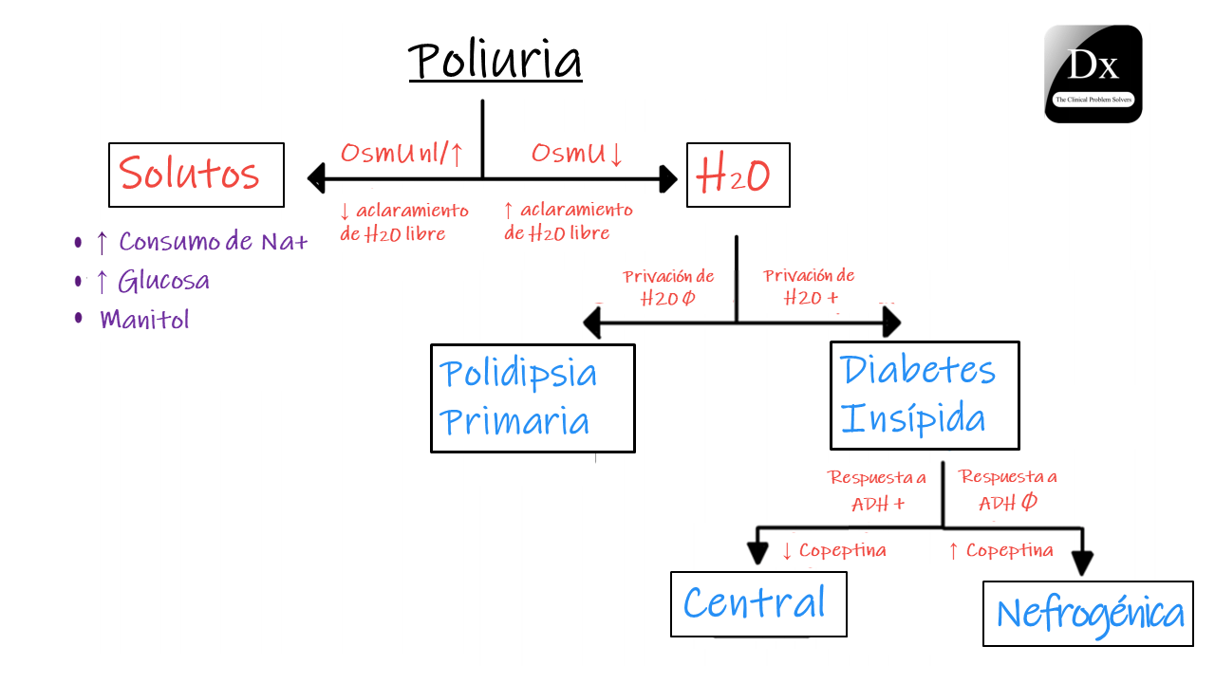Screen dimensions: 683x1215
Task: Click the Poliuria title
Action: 495,60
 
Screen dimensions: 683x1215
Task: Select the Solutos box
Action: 196,175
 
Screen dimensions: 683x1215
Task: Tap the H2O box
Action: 738,175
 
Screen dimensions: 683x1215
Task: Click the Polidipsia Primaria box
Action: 532,398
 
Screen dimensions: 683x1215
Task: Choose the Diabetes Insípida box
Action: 924,395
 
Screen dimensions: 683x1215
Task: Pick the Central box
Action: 757,603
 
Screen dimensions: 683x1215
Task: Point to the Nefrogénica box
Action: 1088,613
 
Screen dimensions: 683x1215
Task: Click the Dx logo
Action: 1093,74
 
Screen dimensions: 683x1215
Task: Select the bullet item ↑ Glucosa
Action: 152,281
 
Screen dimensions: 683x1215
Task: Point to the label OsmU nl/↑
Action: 402,153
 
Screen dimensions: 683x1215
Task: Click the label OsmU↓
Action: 577,153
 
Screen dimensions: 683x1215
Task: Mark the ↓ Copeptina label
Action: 833,550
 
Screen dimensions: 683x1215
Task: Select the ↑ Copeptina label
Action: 1000,550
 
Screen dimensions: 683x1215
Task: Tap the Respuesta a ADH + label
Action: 875,490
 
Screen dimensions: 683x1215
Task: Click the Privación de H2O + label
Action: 810,286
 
